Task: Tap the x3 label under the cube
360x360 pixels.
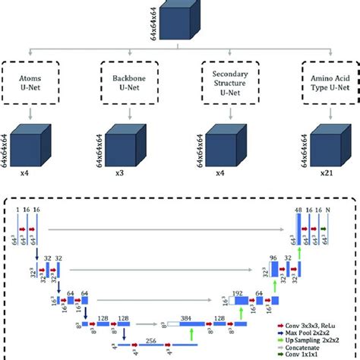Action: [x=119, y=183]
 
